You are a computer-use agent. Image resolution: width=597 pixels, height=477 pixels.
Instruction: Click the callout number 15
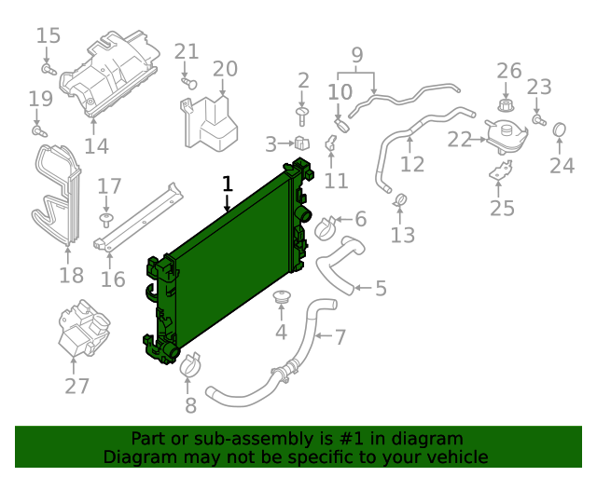[49, 36]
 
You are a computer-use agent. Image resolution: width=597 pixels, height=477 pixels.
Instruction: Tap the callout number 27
[77, 387]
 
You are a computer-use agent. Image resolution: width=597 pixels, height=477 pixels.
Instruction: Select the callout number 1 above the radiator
[227, 184]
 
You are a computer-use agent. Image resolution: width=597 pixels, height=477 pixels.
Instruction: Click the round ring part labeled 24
[561, 129]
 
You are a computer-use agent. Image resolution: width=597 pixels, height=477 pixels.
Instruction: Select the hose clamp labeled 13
[401, 199]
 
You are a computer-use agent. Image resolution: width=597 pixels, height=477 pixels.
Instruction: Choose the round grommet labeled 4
[280, 299]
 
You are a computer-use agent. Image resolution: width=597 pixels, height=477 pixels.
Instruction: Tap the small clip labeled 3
[301, 143]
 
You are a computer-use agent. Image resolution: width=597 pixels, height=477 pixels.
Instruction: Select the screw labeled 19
[38, 130]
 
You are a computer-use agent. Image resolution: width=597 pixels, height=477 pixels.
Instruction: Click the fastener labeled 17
[107, 219]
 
